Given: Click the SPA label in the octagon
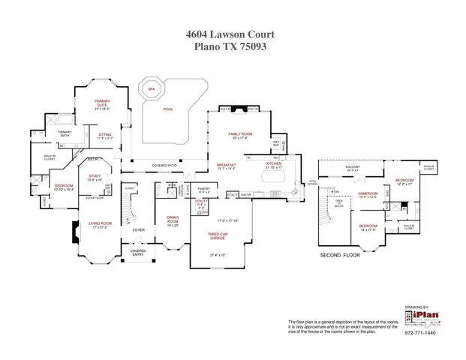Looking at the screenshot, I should (152, 88).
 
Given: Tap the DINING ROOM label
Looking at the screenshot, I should (172, 220).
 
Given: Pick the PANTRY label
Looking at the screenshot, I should (203, 188).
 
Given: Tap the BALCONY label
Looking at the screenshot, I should (353, 166).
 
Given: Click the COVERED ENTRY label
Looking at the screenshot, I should (138, 252).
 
